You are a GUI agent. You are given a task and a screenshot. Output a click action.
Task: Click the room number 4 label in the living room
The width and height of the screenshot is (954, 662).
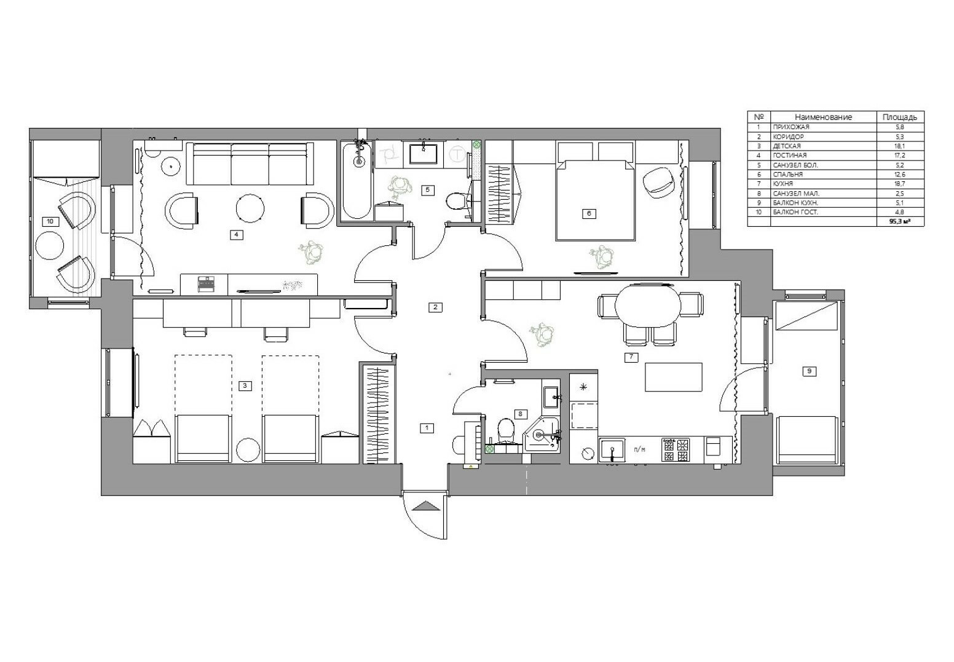236,234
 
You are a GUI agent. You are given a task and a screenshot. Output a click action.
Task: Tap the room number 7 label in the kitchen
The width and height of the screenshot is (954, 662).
631,357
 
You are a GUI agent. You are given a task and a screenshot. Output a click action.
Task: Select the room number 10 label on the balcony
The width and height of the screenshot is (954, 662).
50,221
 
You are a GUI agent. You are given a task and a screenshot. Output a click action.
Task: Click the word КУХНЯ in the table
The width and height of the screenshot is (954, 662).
783,184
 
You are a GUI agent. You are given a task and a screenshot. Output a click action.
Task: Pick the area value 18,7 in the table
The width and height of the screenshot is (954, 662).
899,184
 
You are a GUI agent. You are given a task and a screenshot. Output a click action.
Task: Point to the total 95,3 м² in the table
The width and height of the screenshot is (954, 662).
899,221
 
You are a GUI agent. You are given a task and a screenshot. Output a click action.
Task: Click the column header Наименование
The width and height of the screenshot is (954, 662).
823,117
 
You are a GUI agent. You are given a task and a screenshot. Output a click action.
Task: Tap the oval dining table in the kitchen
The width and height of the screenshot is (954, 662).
648,305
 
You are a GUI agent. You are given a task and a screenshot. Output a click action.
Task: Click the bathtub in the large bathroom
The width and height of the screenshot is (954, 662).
357,181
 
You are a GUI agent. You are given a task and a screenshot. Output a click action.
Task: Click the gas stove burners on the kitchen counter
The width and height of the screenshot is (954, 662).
675,451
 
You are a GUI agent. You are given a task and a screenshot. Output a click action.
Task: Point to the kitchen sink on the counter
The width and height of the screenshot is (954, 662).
612,451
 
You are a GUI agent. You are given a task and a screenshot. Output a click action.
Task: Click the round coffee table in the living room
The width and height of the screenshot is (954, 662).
250,208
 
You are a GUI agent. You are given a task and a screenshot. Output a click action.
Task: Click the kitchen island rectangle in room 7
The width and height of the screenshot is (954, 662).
673,377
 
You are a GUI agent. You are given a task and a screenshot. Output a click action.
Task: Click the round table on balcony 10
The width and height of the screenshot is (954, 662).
50,245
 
